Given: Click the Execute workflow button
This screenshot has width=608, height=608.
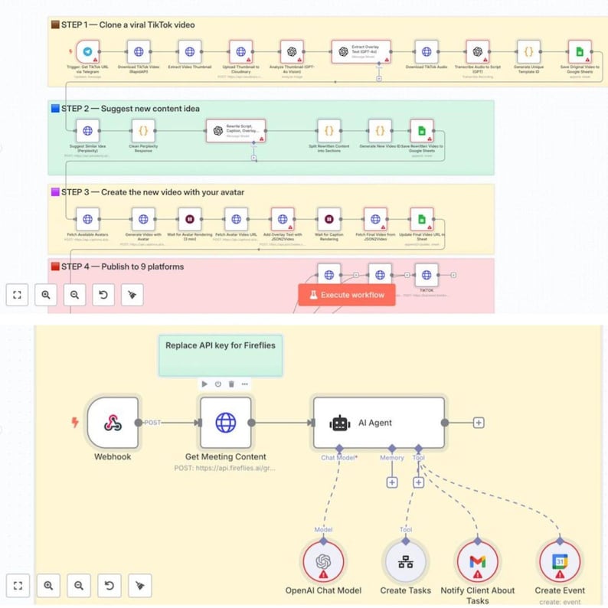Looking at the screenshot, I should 346,295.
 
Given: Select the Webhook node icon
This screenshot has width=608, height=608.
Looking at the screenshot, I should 113,422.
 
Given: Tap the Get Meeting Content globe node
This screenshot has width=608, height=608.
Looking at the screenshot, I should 225,422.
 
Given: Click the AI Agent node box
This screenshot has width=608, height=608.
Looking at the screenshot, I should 378,422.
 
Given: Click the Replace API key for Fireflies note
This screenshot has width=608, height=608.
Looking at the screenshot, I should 221,355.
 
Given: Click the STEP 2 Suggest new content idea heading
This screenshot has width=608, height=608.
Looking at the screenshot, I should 130,108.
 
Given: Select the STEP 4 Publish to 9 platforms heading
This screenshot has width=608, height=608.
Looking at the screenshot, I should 123,266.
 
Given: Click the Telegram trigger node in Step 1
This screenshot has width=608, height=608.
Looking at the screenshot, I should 88,52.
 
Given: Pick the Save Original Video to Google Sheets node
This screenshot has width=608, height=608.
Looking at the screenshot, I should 580,52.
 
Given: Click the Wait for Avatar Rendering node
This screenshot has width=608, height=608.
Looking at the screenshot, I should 190,218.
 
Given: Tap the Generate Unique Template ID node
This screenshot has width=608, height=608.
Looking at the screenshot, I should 528,52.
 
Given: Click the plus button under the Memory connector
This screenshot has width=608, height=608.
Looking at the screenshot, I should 392,482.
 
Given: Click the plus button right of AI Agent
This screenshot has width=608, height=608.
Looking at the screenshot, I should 479,422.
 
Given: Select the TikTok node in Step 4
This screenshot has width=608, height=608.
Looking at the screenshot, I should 426,275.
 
